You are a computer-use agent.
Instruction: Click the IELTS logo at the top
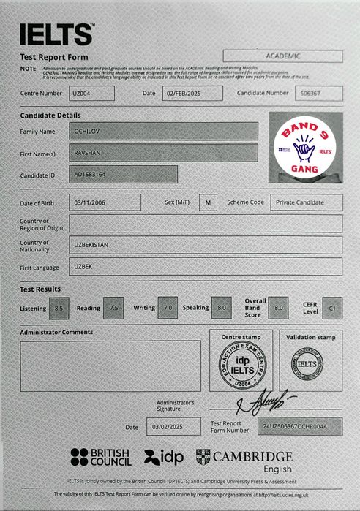point(56,34)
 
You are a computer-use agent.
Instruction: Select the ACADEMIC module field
point(282,56)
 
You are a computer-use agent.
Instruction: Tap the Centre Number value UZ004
point(92,93)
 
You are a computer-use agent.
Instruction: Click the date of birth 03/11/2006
point(104,202)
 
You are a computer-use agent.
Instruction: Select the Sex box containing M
point(208,202)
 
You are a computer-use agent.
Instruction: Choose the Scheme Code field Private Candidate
point(306,202)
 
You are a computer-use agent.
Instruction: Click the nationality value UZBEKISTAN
point(205,245)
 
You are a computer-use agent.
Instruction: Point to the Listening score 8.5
point(61,308)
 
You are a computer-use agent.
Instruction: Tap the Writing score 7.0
point(168,308)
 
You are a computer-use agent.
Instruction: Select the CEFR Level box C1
point(333,308)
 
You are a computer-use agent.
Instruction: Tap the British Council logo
point(100,457)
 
